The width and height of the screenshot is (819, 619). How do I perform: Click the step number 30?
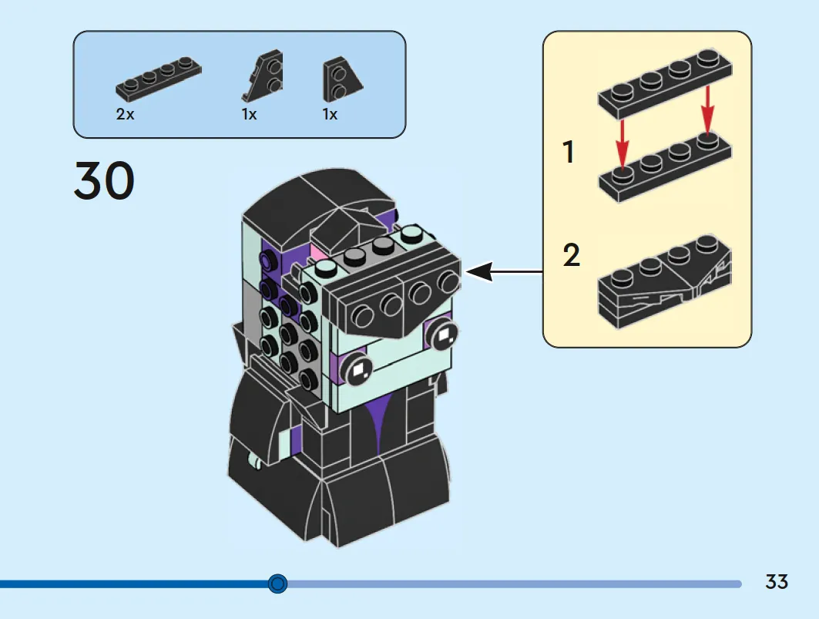pyautogui.click(x=105, y=180)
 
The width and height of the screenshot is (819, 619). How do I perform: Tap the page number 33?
pyautogui.click(x=777, y=582)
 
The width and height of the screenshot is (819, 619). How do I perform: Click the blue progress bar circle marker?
pyautogui.click(x=278, y=583)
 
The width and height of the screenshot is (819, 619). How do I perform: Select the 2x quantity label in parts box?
pyautogui.click(x=125, y=114)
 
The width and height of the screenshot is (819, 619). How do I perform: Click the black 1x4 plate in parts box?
pyautogui.click(x=158, y=78)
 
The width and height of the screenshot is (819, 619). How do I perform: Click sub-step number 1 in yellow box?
pyautogui.click(x=569, y=152)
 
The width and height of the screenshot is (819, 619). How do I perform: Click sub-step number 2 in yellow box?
pyautogui.click(x=572, y=254)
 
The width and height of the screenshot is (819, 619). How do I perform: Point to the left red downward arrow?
pyautogui.click(x=622, y=143)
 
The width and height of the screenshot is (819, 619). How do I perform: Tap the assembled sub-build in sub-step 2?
pyautogui.click(x=665, y=282)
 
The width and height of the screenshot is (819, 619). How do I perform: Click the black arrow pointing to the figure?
pyautogui.click(x=504, y=272)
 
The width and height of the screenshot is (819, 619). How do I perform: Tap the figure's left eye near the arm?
pyautogui.click(x=358, y=369)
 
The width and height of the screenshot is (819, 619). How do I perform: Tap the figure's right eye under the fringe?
pyautogui.click(x=442, y=335)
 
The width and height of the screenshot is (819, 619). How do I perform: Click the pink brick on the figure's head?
pyautogui.click(x=317, y=254)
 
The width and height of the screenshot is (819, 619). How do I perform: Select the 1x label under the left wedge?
pyautogui.click(x=249, y=114)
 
